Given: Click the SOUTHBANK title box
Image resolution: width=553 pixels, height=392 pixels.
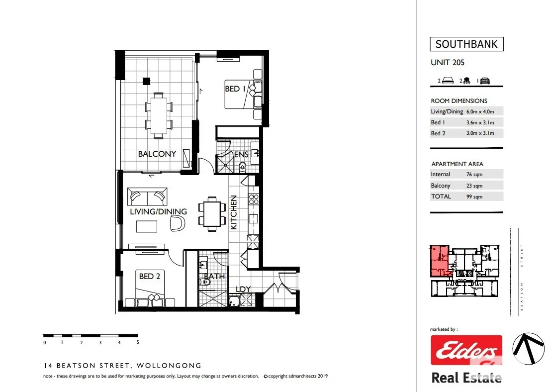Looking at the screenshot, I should [x=466, y=44].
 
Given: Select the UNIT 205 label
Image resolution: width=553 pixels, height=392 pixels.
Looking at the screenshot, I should [x=447, y=63].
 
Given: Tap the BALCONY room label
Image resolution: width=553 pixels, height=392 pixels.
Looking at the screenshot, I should [x=157, y=154].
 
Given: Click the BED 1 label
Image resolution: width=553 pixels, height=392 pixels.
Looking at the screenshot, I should [x=235, y=89].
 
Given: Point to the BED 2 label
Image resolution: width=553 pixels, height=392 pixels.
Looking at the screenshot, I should [x=149, y=276].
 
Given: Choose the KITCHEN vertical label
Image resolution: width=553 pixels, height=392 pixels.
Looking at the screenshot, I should [x=233, y=212].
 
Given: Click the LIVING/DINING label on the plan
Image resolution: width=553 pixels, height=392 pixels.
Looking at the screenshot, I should [x=158, y=211].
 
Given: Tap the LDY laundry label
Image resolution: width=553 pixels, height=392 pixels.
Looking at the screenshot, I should [x=243, y=289].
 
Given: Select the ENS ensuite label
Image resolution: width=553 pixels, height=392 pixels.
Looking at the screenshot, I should [x=241, y=155].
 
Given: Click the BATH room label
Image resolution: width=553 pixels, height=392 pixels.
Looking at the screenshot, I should [x=214, y=276].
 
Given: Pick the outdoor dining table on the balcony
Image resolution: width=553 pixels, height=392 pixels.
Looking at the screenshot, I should [x=159, y=115].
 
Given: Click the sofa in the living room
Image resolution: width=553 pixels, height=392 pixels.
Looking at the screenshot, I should [x=147, y=196].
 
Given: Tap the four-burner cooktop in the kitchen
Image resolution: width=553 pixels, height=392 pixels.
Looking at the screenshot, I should [x=253, y=198].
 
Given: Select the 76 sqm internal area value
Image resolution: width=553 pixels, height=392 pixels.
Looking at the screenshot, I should [x=474, y=175].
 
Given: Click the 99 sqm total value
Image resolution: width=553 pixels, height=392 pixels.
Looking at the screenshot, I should [x=474, y=196].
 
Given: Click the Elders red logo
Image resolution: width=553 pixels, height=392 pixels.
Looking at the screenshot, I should [x=466, y=351].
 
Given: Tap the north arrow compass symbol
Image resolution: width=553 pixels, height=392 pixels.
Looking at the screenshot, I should [x=529, y=349].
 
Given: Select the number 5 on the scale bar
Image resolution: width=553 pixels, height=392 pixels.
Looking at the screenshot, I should [x=137, y=342].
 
